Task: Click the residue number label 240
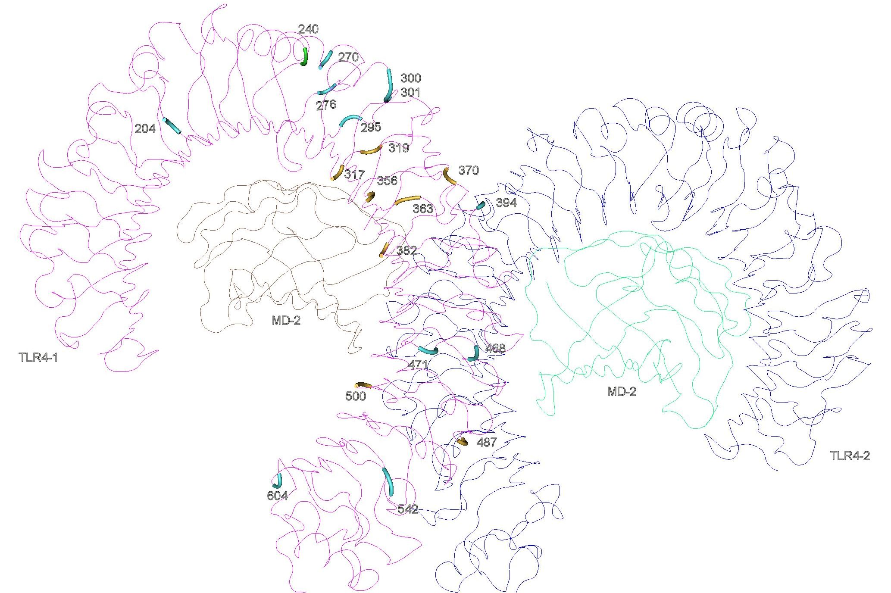[x=308, y=29]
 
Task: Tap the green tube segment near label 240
[x=305, y=56]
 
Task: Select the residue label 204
[x=145, y=128]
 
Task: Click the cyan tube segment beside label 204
[x=172, y=126]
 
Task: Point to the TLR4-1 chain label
[x=38, y=357]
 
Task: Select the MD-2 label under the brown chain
[x=286, y=320]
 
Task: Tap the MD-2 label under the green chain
[x=622, y=391]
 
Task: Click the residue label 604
[x=277, y=496]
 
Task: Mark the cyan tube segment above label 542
[x=388, y=481]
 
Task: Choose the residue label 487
[x=486, y=442]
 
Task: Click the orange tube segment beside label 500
[x=363, y=385]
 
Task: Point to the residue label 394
[x=506, y=203]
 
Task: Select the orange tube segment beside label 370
[x=449, y=176]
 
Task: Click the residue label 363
[x=423, y=209]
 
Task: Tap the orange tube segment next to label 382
[x=384, y=250]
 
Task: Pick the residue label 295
[x=371, y=127]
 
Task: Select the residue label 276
[x=326, y=105]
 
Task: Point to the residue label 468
[x=495, y=348]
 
